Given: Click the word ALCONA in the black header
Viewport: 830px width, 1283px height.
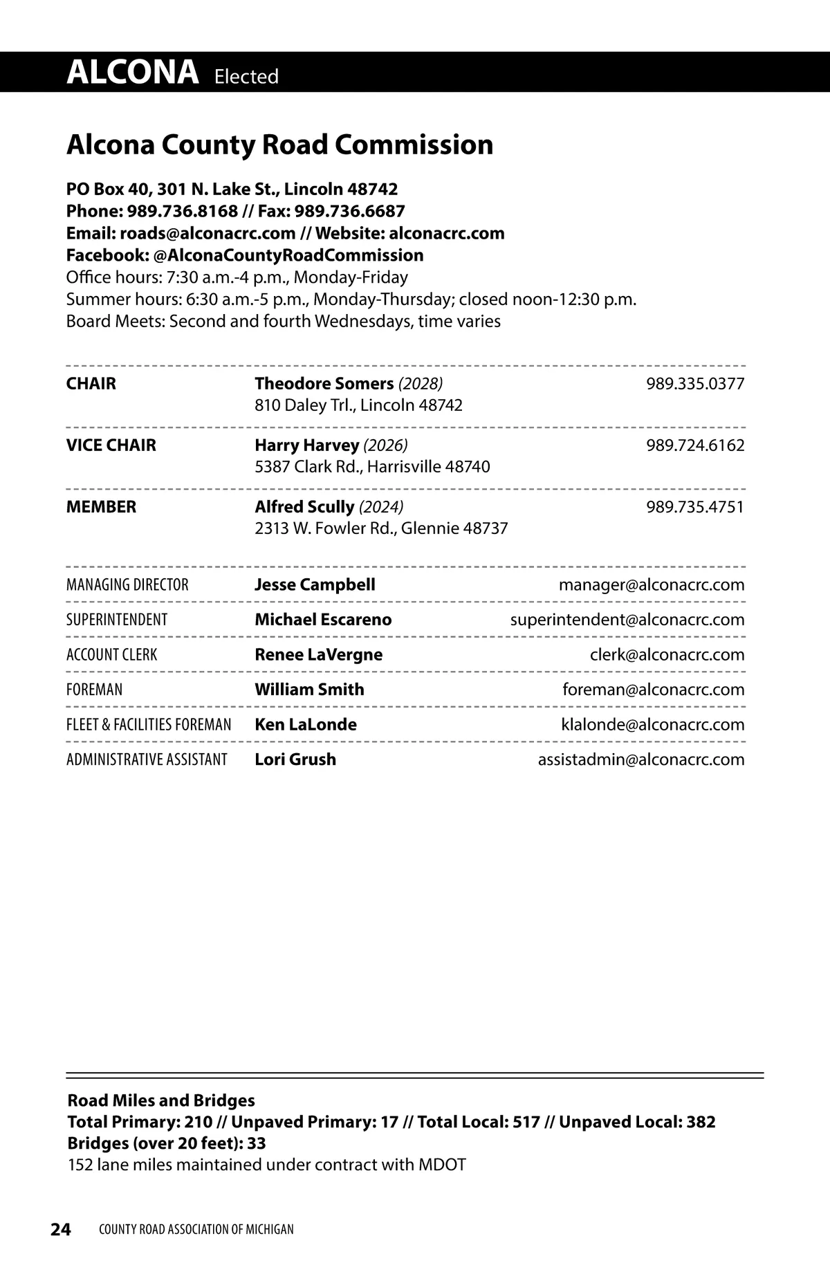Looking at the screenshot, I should [x=132, y=72].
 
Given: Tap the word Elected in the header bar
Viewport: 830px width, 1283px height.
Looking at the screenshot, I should [x=246, y=76].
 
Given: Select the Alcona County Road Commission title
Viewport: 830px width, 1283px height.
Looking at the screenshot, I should [x=279, y=145].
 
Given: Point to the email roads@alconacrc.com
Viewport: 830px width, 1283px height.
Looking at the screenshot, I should [x=207, y=233].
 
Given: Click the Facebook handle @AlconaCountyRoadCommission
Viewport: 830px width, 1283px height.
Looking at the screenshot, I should [x=288, y=255].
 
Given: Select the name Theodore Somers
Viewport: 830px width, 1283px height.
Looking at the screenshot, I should [x=324, y=383].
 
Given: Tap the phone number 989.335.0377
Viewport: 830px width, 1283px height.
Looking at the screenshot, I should [x=695, y=383].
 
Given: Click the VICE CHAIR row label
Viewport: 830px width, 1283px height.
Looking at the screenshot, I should [x=111, y=445].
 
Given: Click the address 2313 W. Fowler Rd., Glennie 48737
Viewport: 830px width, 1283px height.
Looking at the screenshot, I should [x=381, y=528].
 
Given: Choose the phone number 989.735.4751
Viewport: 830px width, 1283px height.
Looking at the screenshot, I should [x=695, y=506].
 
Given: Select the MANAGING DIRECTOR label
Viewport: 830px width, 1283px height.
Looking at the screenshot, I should [x=127, y=584].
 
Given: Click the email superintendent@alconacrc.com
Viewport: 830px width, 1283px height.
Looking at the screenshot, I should [x=627, y=620].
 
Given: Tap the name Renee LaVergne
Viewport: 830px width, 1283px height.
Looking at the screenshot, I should [x=318, y=654].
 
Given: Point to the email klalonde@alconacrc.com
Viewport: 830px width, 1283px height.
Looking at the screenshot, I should [x=653, y=724].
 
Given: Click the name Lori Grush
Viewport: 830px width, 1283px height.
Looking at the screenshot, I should [x=295, y=759].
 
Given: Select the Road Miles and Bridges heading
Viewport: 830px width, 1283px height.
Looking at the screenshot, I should [x=161, y=1100].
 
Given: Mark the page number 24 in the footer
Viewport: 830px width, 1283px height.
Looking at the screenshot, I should [x=61, y=1229].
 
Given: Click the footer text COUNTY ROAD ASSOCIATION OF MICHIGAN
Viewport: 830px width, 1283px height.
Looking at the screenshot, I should [x=196, y=1229].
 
